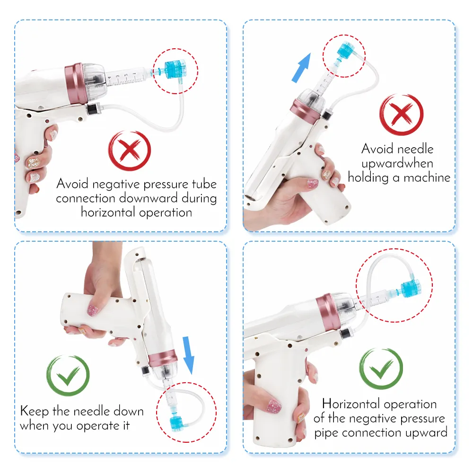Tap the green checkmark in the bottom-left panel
68,376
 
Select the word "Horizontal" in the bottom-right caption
351,404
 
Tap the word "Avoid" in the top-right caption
377,149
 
